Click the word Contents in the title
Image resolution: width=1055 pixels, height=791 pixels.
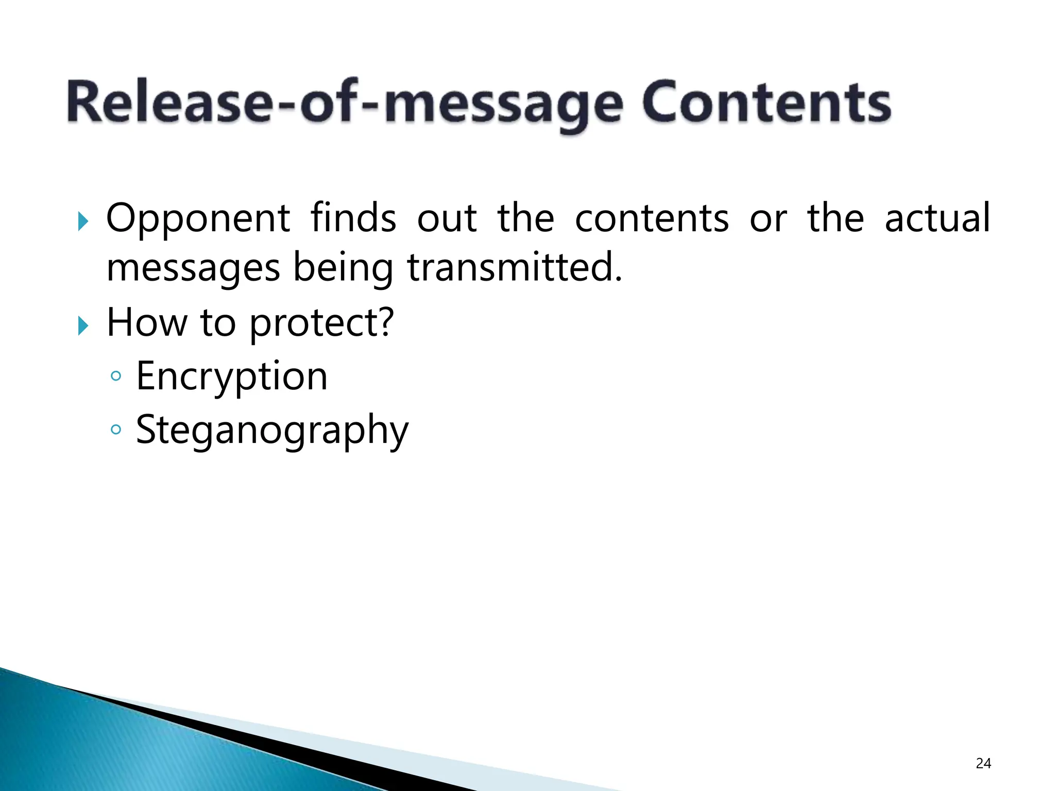766,102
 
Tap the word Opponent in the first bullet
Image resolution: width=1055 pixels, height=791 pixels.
198,219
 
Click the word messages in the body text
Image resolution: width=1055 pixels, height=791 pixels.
193,269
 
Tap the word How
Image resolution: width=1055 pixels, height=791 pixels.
146,322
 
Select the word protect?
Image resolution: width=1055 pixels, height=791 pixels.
321,323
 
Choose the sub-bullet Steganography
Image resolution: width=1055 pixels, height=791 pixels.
272,431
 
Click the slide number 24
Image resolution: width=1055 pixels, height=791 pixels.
983,763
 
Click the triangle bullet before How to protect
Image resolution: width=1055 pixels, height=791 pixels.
82,325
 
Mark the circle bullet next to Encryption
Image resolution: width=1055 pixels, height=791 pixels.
116,376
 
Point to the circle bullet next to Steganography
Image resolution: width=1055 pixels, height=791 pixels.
116,429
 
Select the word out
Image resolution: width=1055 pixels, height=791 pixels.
447,219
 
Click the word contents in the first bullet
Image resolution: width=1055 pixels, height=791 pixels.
652,219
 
